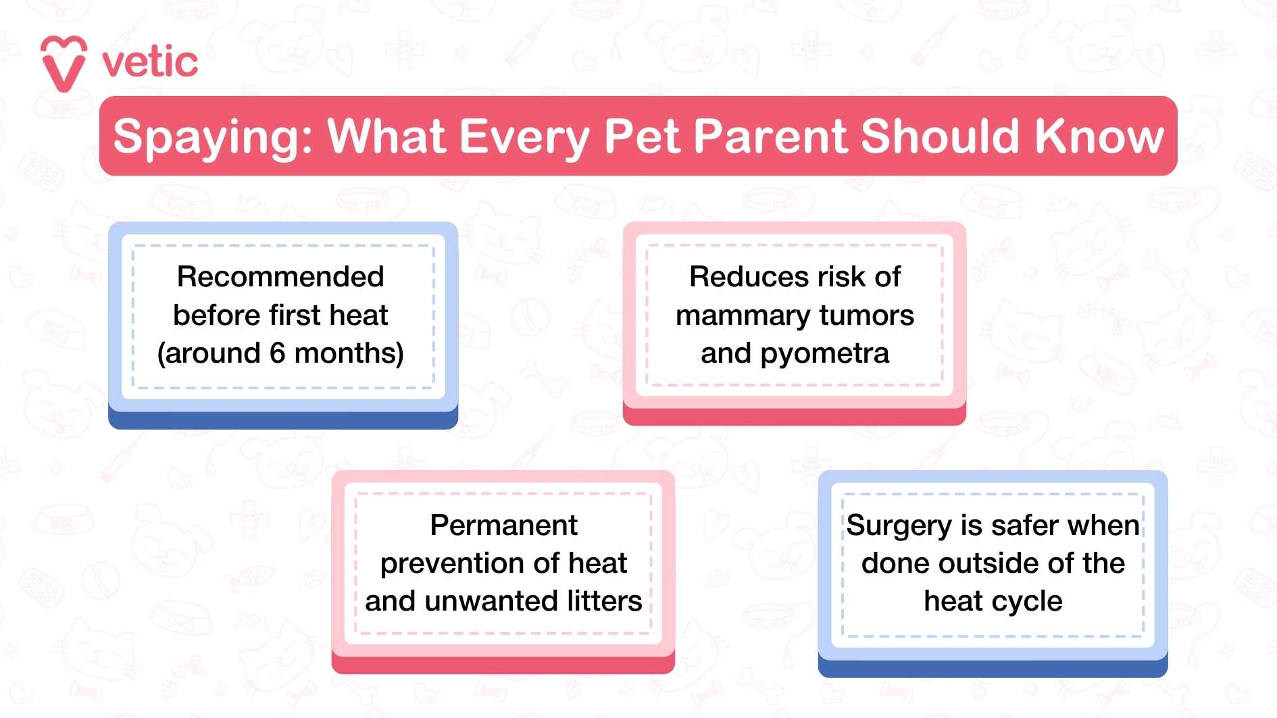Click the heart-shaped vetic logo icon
pyautogui.click(x=64, y=63)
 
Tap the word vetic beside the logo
pyautogui.click(x=150, y=63)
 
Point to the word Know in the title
pyautogui.click(x=1099, y=136)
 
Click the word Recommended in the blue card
pyautogui.click(x=280, y=277)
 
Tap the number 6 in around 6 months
pyautogui.click(x=278, y=353)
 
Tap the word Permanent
pyautogui.click(x=503, y=525)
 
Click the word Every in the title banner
pyautogui.click(x=525, y=137)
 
